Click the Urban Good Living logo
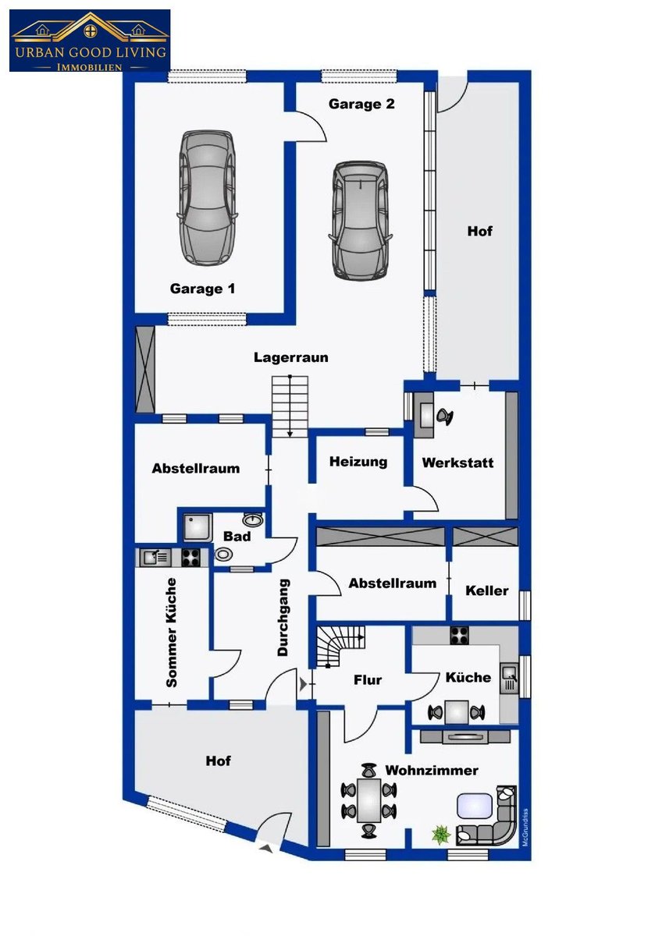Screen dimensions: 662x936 pos(90,41)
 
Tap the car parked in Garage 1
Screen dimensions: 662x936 pos(207,197)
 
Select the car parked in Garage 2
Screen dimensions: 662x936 pos(360,221)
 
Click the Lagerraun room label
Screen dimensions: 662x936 pos(291,357)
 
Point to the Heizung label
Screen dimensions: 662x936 pos(358,462)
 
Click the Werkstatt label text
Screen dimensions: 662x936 pos(458,463)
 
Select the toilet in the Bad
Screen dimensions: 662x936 pos(223,555)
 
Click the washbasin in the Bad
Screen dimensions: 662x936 pos(253,519)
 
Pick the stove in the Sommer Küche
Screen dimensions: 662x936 pos(190,558)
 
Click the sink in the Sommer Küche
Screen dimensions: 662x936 pos(155,558)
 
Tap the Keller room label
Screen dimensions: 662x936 pos(487,590)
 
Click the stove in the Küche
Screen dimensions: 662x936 pos(459,636)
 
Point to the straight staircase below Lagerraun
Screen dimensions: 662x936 pos(290,406)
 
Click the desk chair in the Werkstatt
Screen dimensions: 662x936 pos(444,417)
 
